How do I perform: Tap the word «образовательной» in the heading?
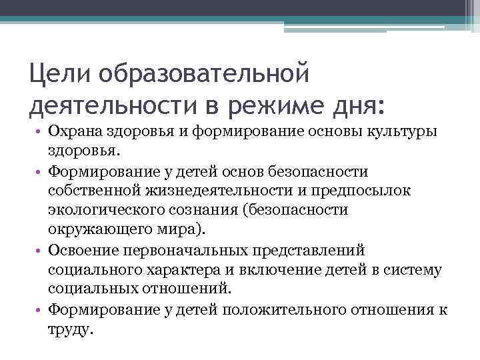[203, 71]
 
